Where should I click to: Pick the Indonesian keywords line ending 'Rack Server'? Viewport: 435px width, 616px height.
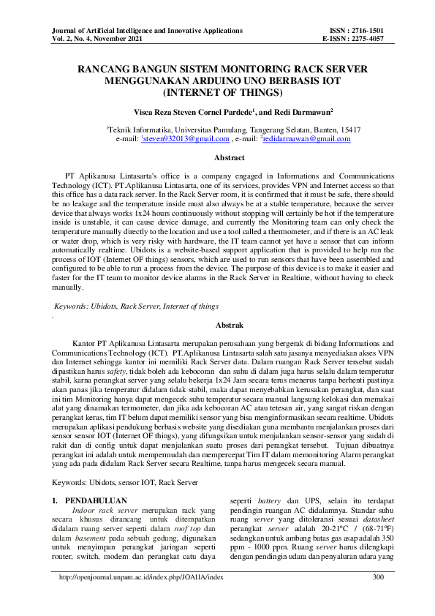click(x=126, y=483)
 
